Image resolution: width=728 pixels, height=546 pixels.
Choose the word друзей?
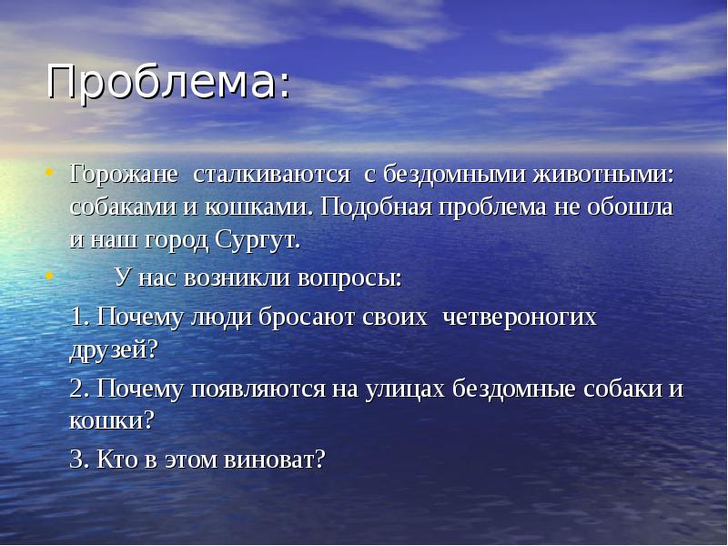(115, 349)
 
